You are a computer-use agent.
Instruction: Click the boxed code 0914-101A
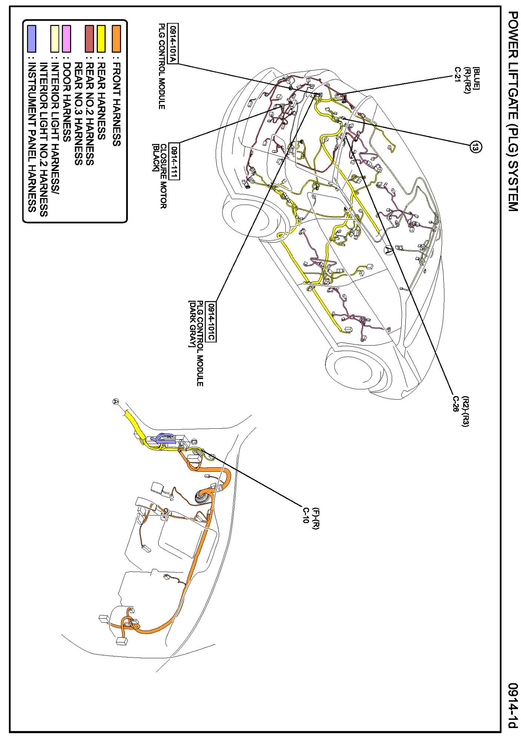173,44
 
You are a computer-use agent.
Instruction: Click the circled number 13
476,147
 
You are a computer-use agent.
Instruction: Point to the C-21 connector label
458,74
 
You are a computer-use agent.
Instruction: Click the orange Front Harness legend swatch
116,39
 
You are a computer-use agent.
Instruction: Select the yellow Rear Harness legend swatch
101,39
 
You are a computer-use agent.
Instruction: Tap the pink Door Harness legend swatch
67,39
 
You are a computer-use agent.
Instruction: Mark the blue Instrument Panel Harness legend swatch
32,39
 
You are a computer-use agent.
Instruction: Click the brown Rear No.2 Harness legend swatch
89,39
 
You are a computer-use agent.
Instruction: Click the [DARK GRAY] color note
192,324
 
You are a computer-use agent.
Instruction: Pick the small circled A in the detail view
116,401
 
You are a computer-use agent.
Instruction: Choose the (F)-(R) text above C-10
315,518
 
